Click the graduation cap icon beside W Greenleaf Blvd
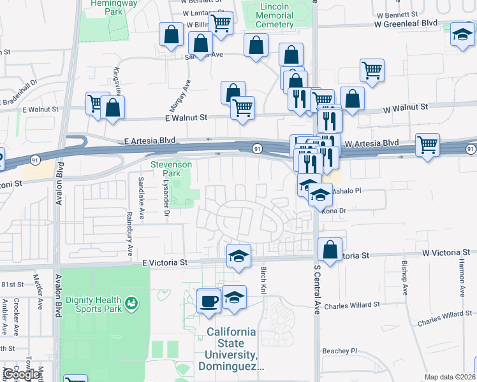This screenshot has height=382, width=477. click(462, 34)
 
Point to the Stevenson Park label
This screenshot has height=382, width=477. click(171, 168)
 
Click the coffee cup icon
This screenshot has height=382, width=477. click(208, 300)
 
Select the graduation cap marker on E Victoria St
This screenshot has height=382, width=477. click(238, 256)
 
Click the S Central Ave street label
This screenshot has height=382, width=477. click(317, 290)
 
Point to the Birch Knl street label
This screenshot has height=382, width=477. click(263, 280)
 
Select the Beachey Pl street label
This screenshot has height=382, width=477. click(341, 351)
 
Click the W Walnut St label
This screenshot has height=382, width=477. click(405, 107)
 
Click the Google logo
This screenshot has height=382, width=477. click(20, 374)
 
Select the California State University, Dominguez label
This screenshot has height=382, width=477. click(231, 349)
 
